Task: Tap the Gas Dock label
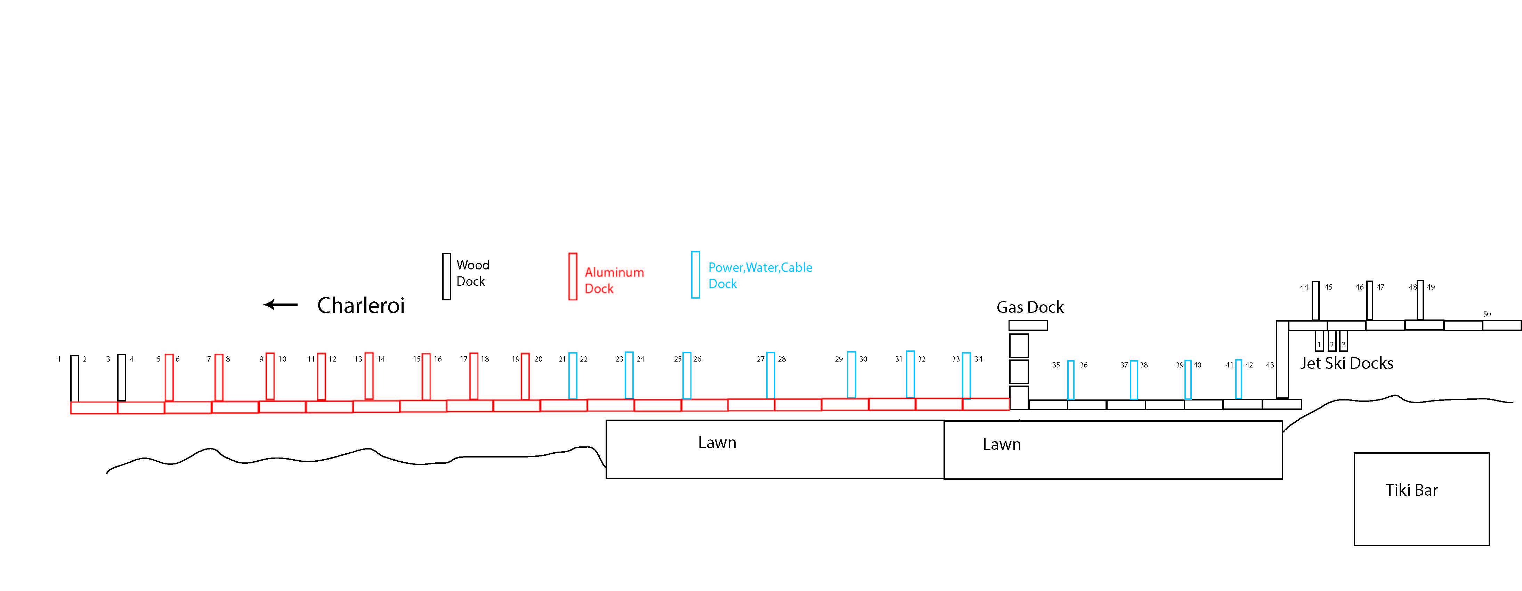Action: coord(1030,307)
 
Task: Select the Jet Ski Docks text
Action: coord(1346,364)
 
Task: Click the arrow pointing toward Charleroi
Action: coord(281,305)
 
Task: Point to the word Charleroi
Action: coord(361,306)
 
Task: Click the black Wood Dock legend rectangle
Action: coord(447,277)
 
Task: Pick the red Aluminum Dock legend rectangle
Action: coord(573,277)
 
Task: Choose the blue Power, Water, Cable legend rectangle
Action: coord(695,275)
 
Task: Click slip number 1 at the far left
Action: coord(59,359)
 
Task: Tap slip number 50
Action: coord(1487,314)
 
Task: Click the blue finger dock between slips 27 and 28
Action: coord(770,375)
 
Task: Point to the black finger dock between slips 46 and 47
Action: coord(1370,300)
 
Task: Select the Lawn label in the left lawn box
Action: coord(717,443)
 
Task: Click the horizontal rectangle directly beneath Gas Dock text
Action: coord(1028,325)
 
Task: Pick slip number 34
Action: coord(978,359)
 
